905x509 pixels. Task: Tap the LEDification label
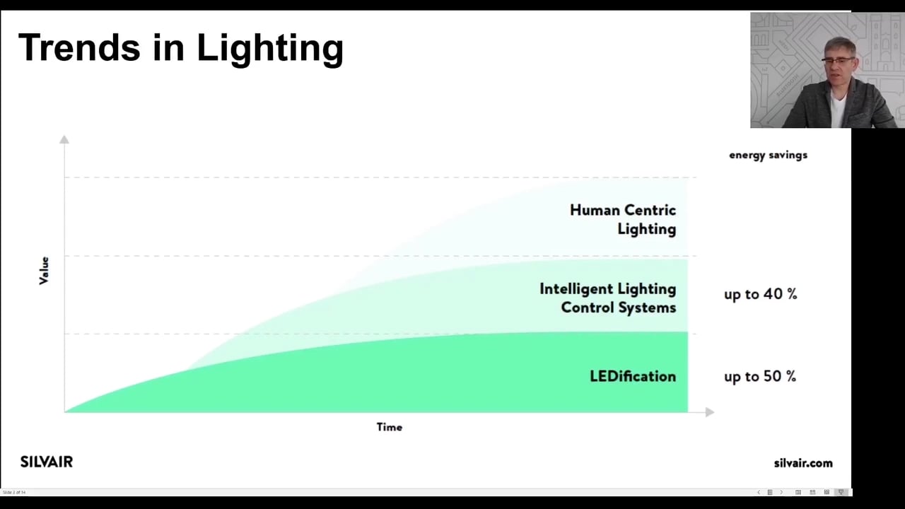point(632,376)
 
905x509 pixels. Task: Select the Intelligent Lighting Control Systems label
point(607,298)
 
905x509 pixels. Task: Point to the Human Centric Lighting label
point(622,219)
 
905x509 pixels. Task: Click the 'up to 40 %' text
point(760,294)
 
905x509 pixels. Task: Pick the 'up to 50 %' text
point(759,376)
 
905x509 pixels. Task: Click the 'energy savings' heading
point(768,155)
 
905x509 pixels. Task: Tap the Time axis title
point(389,427)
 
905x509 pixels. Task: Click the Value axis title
point(44,271)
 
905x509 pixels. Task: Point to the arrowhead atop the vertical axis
point(64,139)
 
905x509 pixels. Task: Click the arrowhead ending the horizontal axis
point(709,411)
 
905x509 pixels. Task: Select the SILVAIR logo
point(47,462)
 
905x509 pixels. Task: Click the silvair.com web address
point(802,463)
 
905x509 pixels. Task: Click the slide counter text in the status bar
point(14,492)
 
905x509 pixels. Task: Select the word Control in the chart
point(586,308)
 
